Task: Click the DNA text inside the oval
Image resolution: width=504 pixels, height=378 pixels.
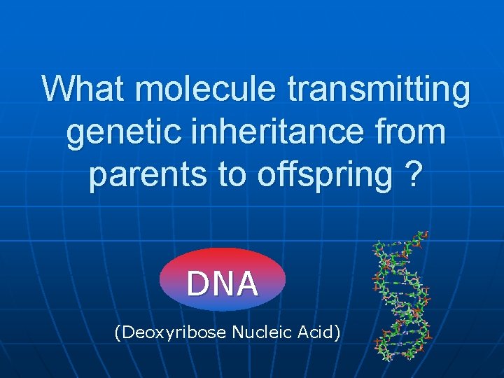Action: (x=223, y=284)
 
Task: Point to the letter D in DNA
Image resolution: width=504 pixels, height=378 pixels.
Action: (x=198, y=284)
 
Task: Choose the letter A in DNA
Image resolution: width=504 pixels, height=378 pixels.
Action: (x=247, y=284)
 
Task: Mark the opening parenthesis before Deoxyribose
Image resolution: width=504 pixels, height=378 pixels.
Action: (x=117, y=332)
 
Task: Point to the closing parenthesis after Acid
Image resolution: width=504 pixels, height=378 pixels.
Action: (x=339, y=332)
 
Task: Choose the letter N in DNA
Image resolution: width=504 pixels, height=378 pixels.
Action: (x=223, y=284)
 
